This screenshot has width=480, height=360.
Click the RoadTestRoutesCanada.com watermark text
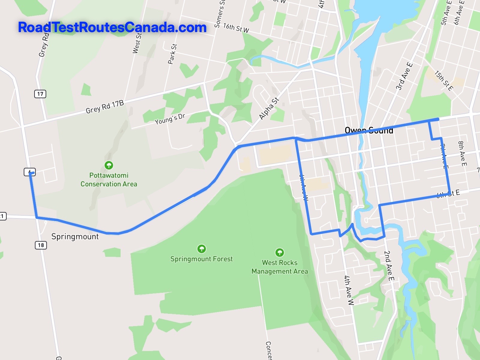[x=112, y=28]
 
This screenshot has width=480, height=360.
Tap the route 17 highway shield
[x=40, y=94]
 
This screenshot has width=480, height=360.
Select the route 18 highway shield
[x=41, y=245]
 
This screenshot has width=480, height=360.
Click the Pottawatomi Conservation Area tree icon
[x=109, y=165]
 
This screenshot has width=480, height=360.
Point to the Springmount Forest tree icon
[x=201, y=249]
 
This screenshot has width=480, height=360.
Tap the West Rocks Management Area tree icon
[x=280, y=252]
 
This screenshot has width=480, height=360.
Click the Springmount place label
[x=75, y=236]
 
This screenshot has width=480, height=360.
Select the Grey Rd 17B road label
[x=105, y=107]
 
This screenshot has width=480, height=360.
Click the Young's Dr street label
[x=170, y=119]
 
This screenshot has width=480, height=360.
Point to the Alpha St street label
[x=269, y=109]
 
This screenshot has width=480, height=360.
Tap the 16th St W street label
[x=236, y=28]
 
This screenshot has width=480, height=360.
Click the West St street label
[x=137, y=43]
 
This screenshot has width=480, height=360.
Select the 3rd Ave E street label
[x=404, y=76]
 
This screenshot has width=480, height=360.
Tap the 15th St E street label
[x=444, y=80]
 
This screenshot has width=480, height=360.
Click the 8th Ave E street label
[x=462, y=154]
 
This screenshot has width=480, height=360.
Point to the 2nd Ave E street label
[x=389, y=266]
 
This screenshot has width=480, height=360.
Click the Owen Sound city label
[x=369, y=130]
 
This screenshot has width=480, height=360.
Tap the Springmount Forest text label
[x=201, y=259]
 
